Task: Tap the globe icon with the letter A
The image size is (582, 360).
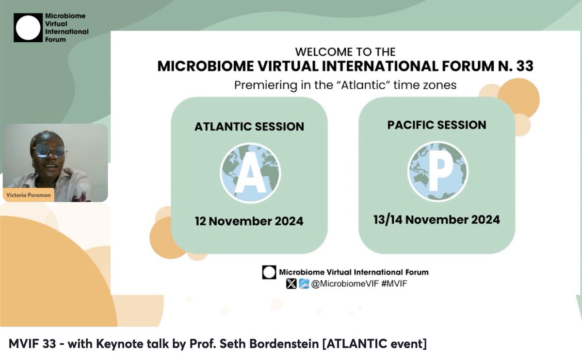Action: [x=250, y=172]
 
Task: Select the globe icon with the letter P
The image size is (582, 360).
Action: [x=437, y=171]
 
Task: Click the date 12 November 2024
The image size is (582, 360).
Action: [x=249, y=221]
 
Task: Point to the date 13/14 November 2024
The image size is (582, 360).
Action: [x=436, y=220]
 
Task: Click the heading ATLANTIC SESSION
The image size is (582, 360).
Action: [x=249, y=127]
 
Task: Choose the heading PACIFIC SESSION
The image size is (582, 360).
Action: [x=436, y=125]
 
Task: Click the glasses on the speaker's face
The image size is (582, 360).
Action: [x=50, y=151]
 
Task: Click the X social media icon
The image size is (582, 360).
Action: [x=291, y=284]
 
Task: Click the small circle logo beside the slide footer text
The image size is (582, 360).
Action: [x=269, y=272]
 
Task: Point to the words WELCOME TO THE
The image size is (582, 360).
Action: [x=345, y=51]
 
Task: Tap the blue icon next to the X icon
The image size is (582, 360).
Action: [x=304, y=284]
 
